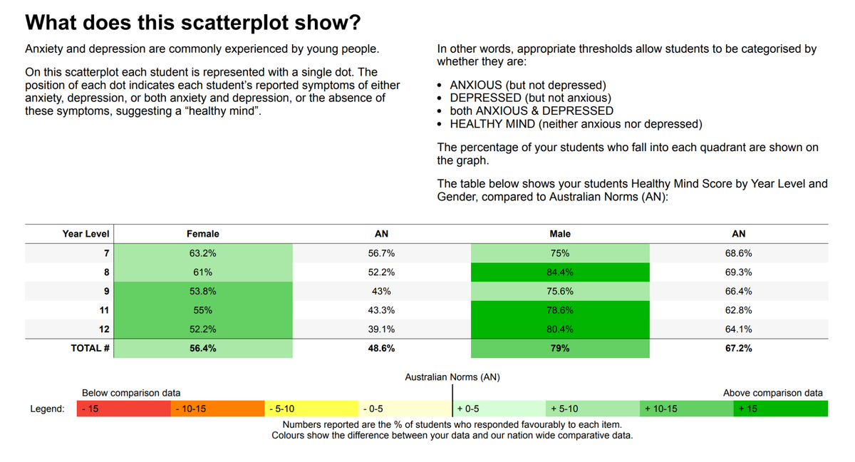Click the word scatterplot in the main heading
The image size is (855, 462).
pyautogui.click(x=234, y=23)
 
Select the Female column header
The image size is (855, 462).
pyautogui.click(x=202, y=234)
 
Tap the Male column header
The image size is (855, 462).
pyautogui.click(x=560, y=234)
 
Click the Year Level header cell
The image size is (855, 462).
pyautogui.click(x=86, y=234)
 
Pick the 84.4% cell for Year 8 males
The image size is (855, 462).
pyautogui.click(x=560, y=272)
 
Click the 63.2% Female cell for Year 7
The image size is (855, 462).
pyautogui.click(x=202, y=253)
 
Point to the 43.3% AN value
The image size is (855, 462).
pyautogui.click(x=381, y=310)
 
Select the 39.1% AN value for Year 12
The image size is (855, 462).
pyautogui.click(x=381, y=329)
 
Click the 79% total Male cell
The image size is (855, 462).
pyautogui.click(x=560, y=348)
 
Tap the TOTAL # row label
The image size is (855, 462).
pyautogui.click(x=90, y=348)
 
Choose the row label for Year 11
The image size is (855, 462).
pyautogui.click(x=104, y=310)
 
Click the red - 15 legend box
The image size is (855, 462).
pyautogui.click(x=124, y=409)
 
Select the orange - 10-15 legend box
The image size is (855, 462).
pyautogui.click(x=217, y=409)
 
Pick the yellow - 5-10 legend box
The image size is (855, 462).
pyautogui.click(x=311, y=409)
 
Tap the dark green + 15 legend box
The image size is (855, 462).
pyautogui.click(x=781, y=409)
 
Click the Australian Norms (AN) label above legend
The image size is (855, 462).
pyautogui.click(x=452, y=377)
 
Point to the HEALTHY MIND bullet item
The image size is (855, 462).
pyautogui.click(x=576, y=124)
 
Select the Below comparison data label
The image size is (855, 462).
pyautogui.click(x=131, y=393)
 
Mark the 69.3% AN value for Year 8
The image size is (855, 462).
pyautogui.click(x=739, y=272)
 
